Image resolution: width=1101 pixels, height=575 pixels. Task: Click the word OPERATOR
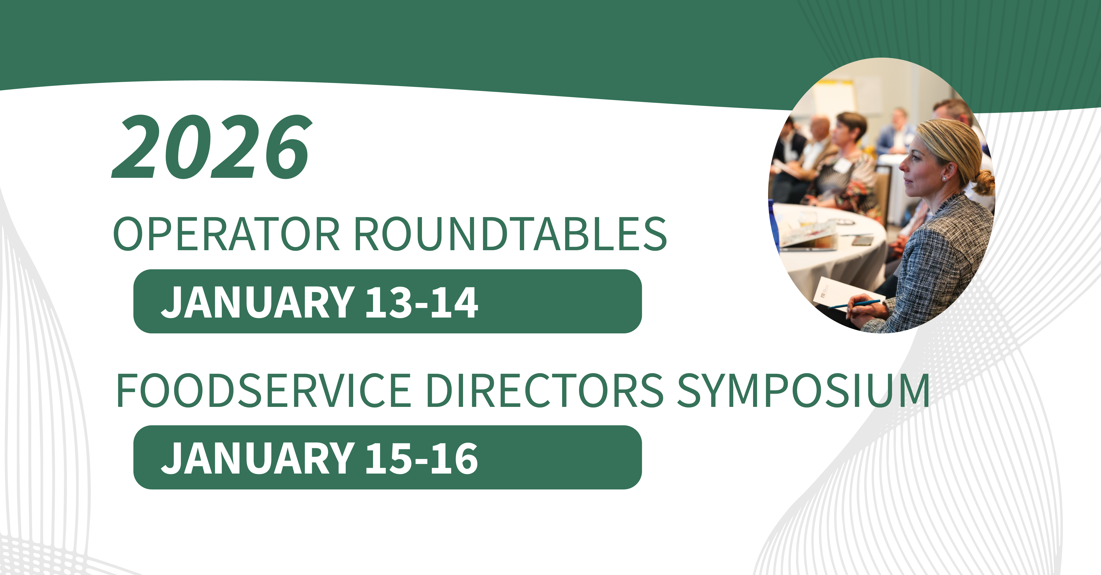227,234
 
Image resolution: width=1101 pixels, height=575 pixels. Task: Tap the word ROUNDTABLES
510,234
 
